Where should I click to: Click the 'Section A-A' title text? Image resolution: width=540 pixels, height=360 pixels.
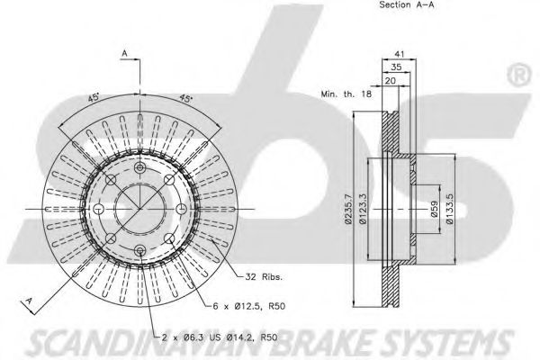[407, 4]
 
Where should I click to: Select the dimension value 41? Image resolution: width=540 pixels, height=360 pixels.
[399, 54]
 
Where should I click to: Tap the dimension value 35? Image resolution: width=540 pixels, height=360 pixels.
[396, 67]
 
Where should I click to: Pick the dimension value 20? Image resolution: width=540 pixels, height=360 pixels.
[391, 81]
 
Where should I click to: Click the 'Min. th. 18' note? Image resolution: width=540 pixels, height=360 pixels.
[346, 94]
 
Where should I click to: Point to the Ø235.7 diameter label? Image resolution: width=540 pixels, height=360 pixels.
[348, 209]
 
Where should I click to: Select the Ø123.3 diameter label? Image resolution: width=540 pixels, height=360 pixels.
[363, 209]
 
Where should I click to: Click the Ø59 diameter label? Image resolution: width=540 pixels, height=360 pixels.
[434, 209]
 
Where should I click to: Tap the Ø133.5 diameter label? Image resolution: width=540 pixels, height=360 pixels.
[450, 209]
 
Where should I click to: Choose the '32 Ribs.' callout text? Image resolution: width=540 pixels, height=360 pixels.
[264, 276]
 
